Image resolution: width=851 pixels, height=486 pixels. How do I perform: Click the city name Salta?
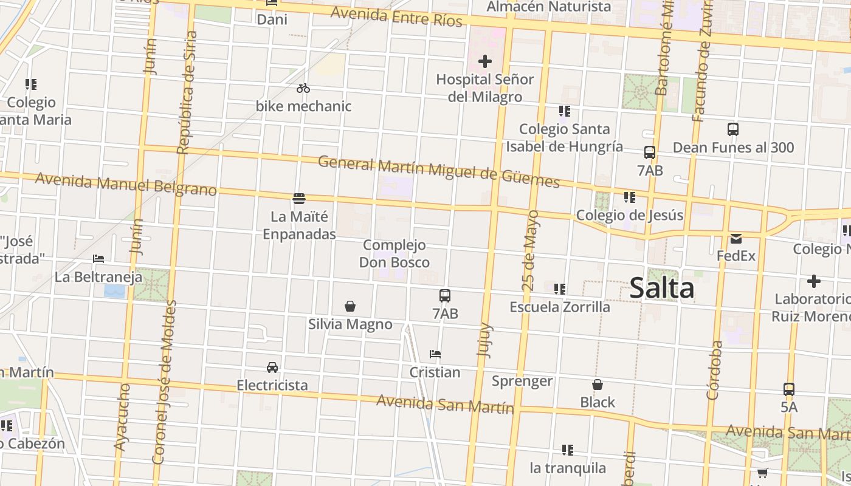[661, 287]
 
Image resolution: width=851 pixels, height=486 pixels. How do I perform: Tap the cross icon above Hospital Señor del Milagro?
[485, 61]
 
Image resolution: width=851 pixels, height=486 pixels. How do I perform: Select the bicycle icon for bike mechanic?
[303, 89]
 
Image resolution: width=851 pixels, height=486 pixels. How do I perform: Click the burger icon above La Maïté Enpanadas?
[298, 199]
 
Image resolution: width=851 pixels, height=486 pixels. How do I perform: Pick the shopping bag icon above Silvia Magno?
[350, 306]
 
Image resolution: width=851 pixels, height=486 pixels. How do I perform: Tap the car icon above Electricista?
[272, 368]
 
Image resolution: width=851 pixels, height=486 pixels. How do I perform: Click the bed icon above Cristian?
[435, 354]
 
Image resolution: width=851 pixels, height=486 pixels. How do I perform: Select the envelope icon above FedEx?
[736, 239]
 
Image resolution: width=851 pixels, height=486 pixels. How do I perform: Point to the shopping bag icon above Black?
[598, 385]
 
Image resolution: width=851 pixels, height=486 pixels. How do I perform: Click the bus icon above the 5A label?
[788, 389]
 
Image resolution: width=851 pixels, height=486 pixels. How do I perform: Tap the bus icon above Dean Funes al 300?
[733, 129]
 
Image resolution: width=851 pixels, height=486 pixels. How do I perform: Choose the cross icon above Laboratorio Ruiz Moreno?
[813, 281]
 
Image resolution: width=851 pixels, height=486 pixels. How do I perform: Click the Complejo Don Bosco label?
[394, 254]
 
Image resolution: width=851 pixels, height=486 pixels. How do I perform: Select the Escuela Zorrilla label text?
[559, 307]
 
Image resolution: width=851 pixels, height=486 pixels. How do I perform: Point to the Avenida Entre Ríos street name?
[396, 16]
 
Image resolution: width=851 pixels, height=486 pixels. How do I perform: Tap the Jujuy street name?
[485, 340]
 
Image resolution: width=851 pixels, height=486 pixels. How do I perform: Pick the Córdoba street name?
[715, 369]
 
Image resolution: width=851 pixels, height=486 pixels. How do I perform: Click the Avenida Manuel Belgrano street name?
[126, 184]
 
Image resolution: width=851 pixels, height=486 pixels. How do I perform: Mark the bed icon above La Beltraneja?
[98, 259]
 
